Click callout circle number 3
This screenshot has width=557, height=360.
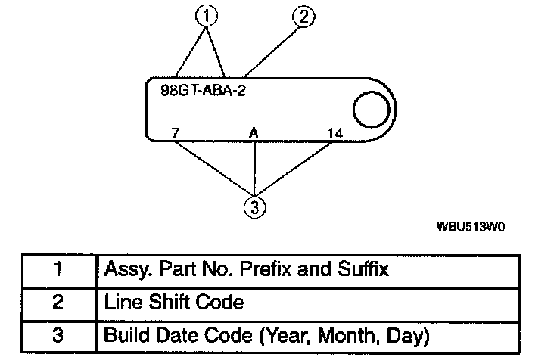click(x=255, y=207)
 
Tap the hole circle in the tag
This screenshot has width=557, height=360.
click(x=371, y=110)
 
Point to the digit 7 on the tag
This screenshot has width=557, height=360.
click(x=176, y=133)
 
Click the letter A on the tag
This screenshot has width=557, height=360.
click(x=254, y=133)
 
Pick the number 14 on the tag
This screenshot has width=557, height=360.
click(x=335, y=133)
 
